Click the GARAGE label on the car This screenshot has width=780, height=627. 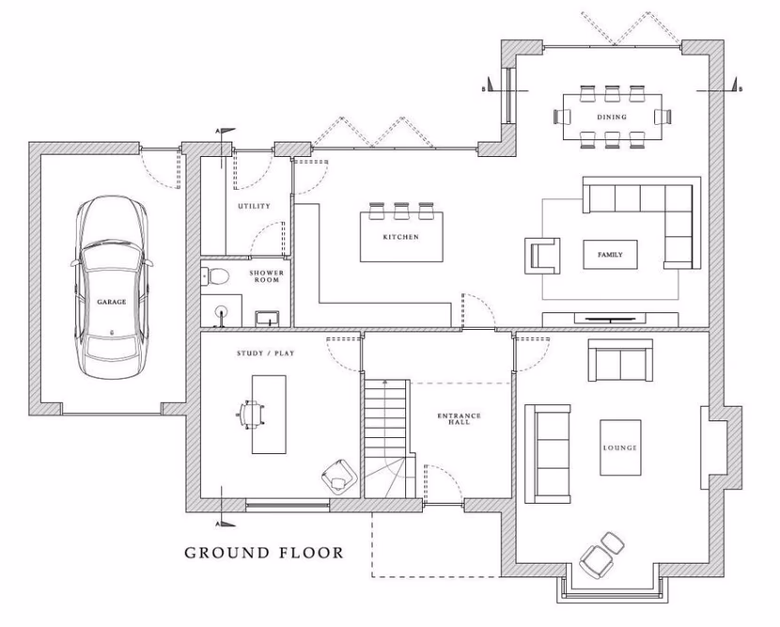(110, 303)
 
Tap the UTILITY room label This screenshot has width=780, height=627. (254, 206)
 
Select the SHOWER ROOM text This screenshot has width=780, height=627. (265, 276)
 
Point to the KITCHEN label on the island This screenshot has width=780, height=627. (400, 237)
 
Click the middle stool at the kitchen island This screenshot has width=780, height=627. (401, 208)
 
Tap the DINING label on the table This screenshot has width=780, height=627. (612, 117)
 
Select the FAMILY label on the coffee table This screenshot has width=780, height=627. (611, 255)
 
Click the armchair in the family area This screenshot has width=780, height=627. (544, 255)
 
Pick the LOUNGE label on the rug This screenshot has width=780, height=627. (620, 448)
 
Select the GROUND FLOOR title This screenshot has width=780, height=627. (263, 552)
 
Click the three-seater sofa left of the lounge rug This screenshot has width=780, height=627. (547, 451)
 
